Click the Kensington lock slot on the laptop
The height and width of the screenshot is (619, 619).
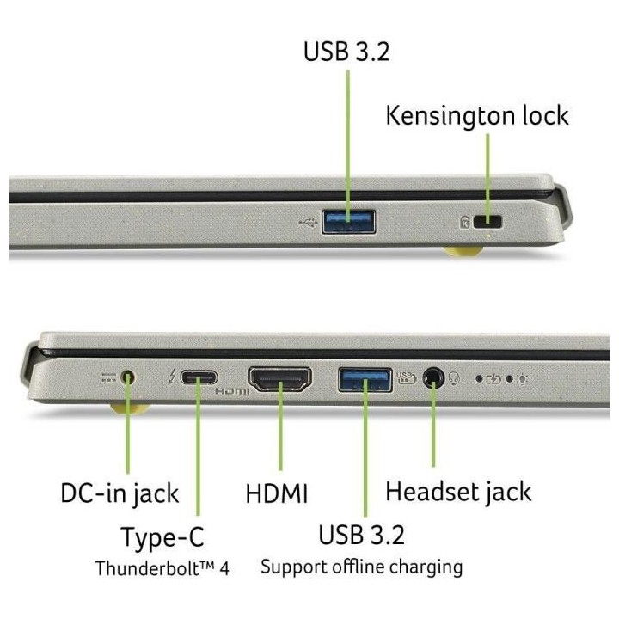[x=493, y=223]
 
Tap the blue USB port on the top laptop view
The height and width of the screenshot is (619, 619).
[x=348, y=223]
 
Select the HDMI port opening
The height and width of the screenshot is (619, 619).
[x=279, y=378]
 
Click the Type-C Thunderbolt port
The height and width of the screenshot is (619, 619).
[x=199, y=377]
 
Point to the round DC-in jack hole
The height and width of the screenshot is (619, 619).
[x=129, y=377]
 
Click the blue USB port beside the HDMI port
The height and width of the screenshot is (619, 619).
[x=365, y=378]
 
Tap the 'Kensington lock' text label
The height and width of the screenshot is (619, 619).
[x=476, y=115]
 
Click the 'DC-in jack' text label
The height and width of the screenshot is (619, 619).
[x=120, y=493]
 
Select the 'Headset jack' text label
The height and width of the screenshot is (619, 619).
[x=457, y=492]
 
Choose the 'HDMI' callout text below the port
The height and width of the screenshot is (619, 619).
[x=276, y=494]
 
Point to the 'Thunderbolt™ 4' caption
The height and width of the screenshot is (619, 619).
[x=162, y=568]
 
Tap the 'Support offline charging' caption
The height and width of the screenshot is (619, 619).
[x=361, y=567]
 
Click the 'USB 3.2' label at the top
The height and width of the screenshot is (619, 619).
[x=346, y=51]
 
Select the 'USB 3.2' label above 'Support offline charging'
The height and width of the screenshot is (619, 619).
[x=361, y=535]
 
